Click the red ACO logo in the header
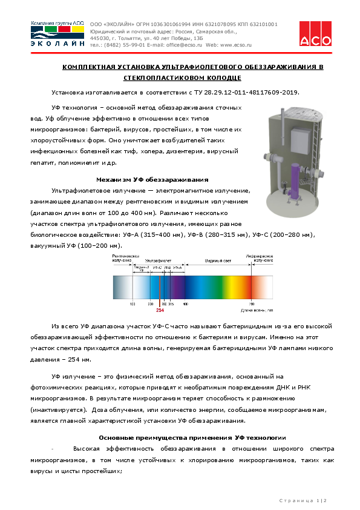click(315, 33)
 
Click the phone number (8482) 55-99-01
click(119, 45)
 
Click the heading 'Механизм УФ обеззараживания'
click(152, 179)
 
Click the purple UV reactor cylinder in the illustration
click(296, 181)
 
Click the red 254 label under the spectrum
click(160, 310)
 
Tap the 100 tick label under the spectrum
click(133, 303)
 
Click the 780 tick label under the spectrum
click(251, 303)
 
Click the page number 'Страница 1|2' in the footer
click(302, 500)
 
